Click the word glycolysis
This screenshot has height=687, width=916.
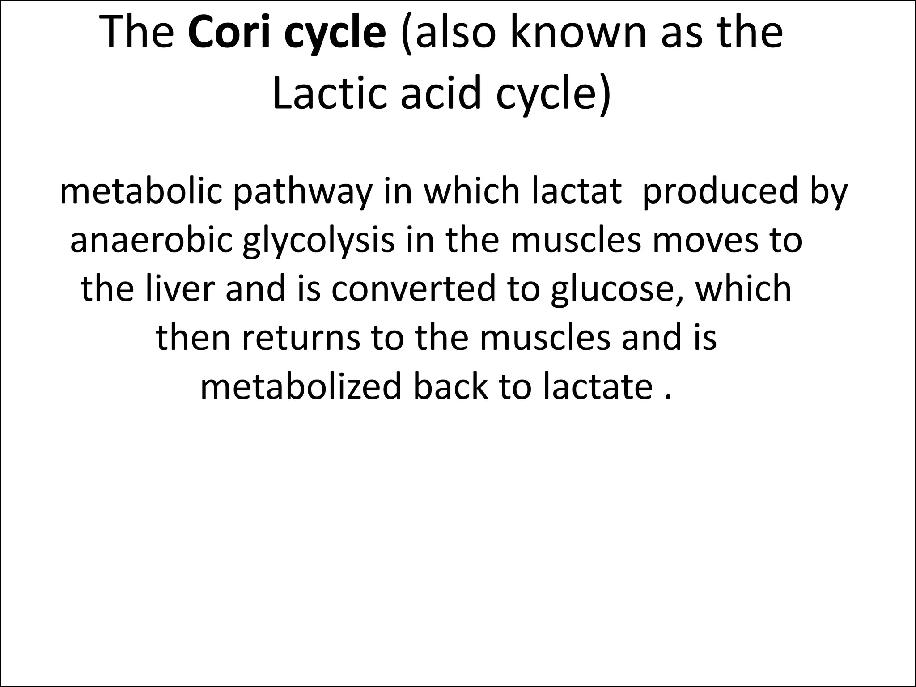tap(319, 242)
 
